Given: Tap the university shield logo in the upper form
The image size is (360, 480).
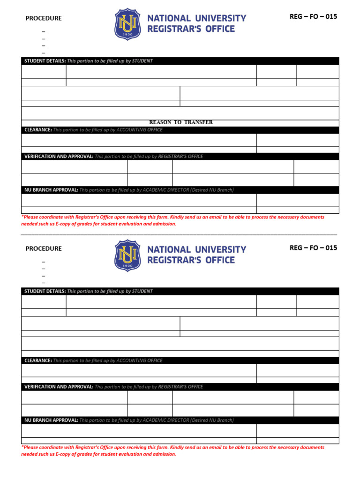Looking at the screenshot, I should coord(127,24).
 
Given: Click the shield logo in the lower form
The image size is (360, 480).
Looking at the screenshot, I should coord(127,255).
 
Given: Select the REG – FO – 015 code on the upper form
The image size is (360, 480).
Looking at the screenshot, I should coord(313,16).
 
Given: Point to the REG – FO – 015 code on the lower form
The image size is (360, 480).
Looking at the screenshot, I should coord(313,247).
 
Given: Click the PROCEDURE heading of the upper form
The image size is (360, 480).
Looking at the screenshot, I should coord(44,18).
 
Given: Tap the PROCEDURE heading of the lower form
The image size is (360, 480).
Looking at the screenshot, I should coord(44,248).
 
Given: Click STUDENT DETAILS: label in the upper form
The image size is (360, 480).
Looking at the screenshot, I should coord(45,61).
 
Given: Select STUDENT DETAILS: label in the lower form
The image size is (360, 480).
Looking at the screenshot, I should coord(45,291).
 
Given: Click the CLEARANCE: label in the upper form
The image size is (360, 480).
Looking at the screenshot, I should coord(38,130).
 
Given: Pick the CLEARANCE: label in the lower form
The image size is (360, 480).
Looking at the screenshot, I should coord(38,360).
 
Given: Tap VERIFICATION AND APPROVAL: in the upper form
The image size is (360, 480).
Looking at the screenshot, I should coord(59,156).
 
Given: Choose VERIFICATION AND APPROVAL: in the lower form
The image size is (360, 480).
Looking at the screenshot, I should coord(59,387).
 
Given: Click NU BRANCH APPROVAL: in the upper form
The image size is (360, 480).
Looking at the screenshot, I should coord(51,190).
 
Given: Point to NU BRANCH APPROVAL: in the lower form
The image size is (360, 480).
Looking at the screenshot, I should coord(51,420).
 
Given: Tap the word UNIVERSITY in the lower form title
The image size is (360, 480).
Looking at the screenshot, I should coord(220,249).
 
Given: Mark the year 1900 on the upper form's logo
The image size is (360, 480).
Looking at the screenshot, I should coord(127,34).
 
